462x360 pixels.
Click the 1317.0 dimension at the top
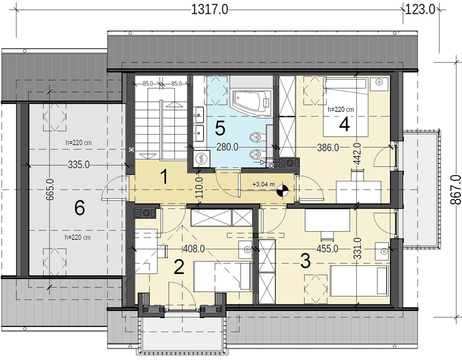pyautogui.click(x=210, y=10)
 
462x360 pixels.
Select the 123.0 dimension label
pyautogui.click(x=420, y=10)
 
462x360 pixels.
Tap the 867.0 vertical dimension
pyautogui.click(x=456, y=190)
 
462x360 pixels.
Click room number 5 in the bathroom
pyautogui.click(x=220, y=128)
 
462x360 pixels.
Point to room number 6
pyautogui.click(x=80, y=208)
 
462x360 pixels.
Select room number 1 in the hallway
pyautogui.click(x=165, y=177)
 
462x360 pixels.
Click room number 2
pyautogui.click(x=179, y=267)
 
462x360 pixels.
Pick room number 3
pyautogui.click(x=305, y=261)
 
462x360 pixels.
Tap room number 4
pyautogui.click(x=344, y=124)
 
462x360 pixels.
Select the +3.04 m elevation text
pyautogui.click(x=263, y=184)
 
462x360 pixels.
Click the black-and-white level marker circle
pyautogui.click(x=282, y=190)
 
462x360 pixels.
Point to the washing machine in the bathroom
pyautogui.click(x=202, y=159)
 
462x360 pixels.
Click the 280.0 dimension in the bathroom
pyautogui.click(x=227, y=147)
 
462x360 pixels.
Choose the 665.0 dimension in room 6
pyautogui.click(x=50, y=190)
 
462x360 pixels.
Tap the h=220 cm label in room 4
pyautogui.click(x=341, y=110)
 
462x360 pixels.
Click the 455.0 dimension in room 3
pyautogui.click(x=327, y=249)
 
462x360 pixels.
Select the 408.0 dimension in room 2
pyautogui.click(x=194, y=249)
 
